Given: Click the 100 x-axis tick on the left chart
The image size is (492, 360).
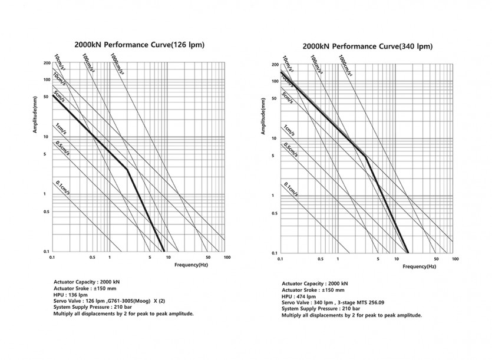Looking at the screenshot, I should click(x=226, y=258).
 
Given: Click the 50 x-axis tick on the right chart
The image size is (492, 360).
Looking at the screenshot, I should click(x=435, y=260).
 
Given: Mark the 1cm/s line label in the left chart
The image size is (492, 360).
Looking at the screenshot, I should click(x=61, y=127).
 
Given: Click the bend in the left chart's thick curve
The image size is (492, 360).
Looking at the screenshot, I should click(x=127, y=169).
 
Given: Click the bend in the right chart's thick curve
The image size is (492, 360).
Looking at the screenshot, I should click(x=366, y=156).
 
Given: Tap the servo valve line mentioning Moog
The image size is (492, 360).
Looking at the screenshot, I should click(x=110, y=302).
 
